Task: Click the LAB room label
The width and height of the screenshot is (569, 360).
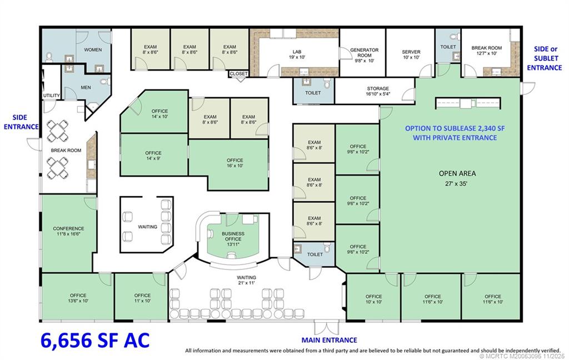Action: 297,52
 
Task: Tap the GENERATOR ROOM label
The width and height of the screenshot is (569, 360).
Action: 365,53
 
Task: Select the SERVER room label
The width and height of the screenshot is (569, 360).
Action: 411,52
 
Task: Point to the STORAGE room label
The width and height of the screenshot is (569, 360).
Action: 378,88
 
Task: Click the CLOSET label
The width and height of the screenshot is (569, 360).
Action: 238,74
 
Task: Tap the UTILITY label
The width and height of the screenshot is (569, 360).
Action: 52,96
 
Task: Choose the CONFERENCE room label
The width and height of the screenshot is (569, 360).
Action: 68,229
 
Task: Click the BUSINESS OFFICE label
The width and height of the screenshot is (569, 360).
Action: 233,236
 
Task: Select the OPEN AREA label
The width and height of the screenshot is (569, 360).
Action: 457,173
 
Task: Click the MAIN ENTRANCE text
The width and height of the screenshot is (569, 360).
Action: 329,340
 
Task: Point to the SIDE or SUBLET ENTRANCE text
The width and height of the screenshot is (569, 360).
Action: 545,58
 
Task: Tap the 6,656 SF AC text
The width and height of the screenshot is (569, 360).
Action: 94,340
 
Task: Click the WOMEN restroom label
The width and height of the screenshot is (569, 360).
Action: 93,49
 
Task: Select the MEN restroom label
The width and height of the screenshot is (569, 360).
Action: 86,87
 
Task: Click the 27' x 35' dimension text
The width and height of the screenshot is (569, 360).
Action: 456,184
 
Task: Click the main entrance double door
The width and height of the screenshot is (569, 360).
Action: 326,327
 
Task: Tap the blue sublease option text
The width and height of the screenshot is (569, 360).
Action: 455,133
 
